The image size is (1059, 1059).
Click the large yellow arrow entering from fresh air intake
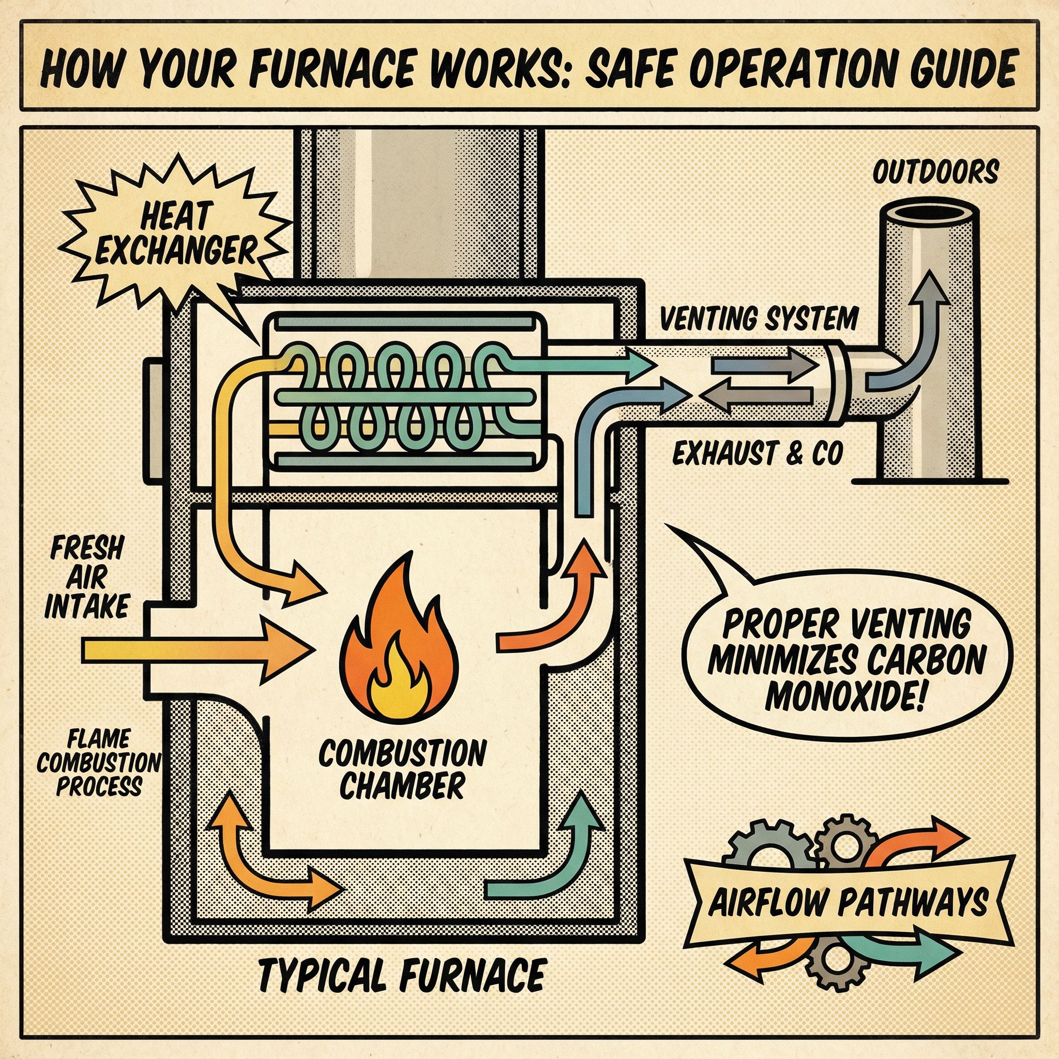click(198, 650)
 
